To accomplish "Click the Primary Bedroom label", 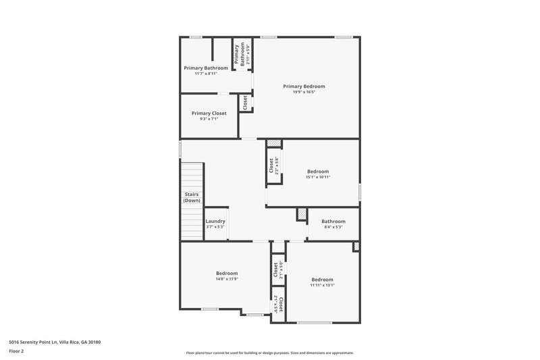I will tap(304, 86).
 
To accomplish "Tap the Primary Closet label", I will tap(209, 113).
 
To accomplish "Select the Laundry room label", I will tap(215, 222).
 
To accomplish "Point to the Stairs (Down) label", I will tap(192, 197).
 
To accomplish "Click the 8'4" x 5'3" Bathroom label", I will tap(333, 222).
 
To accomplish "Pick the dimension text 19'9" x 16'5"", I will tap(304, 92).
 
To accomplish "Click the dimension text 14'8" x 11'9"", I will tap(227, 279).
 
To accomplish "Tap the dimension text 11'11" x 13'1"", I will tap(322, 285).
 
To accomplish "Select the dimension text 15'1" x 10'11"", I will tap(319, 177).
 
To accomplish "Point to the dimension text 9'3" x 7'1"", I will tap(209, 120).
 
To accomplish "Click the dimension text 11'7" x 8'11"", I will tap(205, 74).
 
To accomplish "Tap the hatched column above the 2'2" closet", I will tap(273, 144).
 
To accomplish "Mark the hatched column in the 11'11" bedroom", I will tap(355, 247).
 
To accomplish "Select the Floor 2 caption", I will tap(16, 352).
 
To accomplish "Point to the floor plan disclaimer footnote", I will tap(270, 353).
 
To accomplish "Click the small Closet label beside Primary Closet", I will tap(244, 103).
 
